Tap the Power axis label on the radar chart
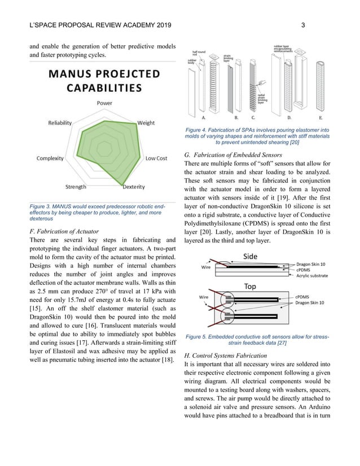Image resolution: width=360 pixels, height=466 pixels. (104, 103)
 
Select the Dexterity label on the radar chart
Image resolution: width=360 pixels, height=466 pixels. (133, 187)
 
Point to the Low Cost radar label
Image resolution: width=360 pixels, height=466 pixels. (156, 159)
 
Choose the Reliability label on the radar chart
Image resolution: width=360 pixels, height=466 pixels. (60, 122)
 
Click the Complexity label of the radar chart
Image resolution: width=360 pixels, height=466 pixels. (50, 159)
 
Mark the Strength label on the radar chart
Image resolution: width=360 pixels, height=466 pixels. (76, 187)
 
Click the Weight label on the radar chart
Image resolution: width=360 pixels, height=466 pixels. (146, 122)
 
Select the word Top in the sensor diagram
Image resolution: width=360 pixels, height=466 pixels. (250, 286)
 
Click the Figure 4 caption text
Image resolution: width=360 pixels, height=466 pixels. (257, 136)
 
